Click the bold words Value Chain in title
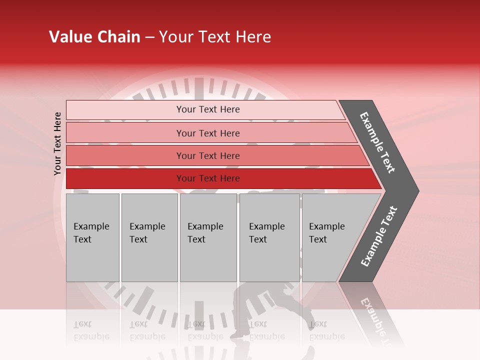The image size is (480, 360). pos(94,37)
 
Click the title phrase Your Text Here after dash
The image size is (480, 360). pos(215,37)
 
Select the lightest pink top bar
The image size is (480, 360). pos(125,110)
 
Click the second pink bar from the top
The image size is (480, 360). pos(125,133)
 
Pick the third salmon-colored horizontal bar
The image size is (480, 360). pos(125,155)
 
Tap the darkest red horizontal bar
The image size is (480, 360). pos(125,178)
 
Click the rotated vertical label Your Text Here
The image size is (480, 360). pos(57,143)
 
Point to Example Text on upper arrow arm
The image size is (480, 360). pos(377,142)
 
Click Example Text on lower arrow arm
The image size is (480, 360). pos(378,236)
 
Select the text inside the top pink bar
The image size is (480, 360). pos(208,109)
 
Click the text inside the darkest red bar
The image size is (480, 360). pos(208,178)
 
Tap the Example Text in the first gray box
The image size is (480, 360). pos(91,233)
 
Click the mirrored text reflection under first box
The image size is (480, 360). pos(91,330)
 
